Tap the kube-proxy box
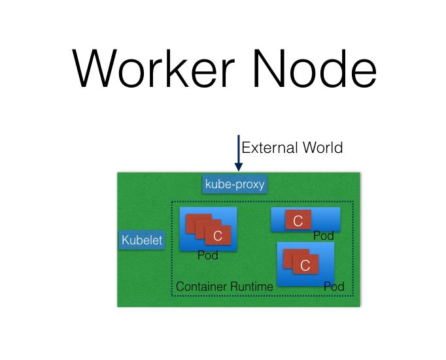235,184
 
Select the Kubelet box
142,240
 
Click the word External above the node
266,148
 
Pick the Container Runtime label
224,287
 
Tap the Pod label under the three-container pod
208,255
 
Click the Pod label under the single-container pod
324,236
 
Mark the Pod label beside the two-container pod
334,287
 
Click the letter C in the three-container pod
218,236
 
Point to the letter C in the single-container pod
298,221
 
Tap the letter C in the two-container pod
305,265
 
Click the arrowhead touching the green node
238,167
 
